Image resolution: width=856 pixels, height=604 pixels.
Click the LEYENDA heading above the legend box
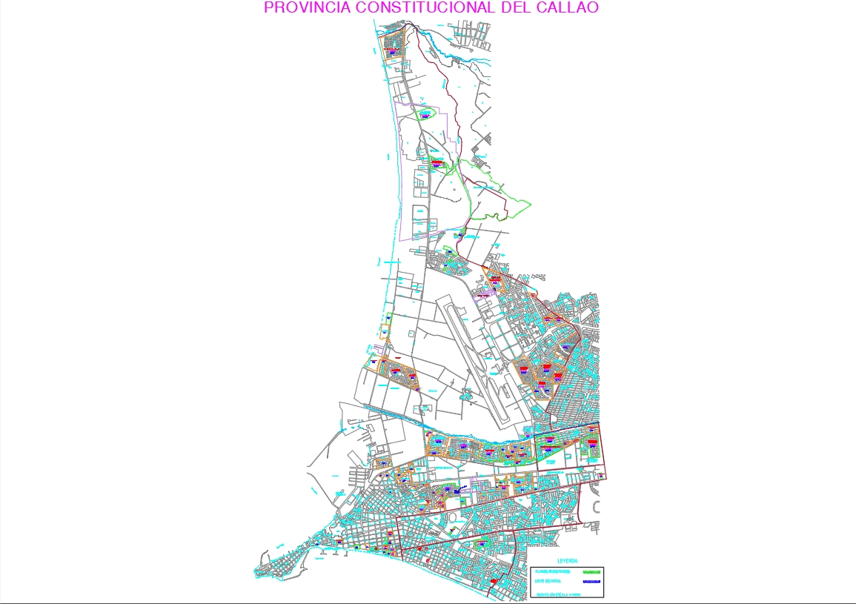(x=568, y=561)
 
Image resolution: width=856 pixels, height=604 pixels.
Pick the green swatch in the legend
(x=591, y=572)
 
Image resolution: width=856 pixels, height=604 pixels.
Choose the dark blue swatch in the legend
(x=591, y=582)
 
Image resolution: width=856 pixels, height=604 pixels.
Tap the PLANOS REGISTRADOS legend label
(x=552, y=571)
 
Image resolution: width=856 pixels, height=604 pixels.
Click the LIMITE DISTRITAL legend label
(x=548, y=581)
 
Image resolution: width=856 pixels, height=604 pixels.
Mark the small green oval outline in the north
(x=425, y=113)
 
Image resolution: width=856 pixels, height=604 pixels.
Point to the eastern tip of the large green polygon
(x=530, y=202)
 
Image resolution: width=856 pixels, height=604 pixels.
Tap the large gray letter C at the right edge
(x=598, y=507)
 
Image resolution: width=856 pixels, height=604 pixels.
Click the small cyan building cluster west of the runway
(x=465, y=395)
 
